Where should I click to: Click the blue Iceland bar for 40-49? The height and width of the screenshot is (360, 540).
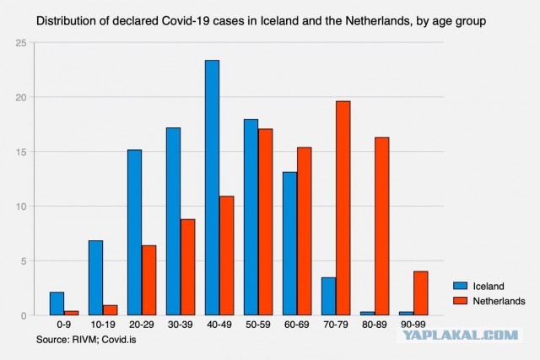pos(212,187)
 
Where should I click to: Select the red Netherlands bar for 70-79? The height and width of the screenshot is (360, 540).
pos(343,208)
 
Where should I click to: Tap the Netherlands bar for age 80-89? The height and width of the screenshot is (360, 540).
pos(382,227)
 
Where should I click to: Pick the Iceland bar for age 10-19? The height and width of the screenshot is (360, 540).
pos(95,277)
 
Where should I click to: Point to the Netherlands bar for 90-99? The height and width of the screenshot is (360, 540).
pos(420,293)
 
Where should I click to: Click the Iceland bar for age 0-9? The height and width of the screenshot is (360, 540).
pos(57,304)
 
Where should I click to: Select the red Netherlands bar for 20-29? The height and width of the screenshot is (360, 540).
pos(148,280)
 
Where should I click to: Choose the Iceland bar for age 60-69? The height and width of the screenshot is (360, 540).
pos(290,244)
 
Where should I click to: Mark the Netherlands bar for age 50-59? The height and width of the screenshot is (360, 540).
pos(266,222)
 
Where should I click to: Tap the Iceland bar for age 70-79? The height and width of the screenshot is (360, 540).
pos(328,296)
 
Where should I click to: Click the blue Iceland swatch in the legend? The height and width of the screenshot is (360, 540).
pos(460,286)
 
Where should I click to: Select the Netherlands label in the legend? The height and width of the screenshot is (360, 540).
pos(499,301)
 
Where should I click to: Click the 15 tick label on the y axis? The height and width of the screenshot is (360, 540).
pos(21,152)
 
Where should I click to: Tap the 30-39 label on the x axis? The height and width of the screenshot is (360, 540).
pos(181,325)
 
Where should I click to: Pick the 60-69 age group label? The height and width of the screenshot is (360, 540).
pos(297,325)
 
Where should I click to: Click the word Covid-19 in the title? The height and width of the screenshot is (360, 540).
pos(186,21)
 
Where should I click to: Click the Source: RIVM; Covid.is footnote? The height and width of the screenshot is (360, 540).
pos(86,340)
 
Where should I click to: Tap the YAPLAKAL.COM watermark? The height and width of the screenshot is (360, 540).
pos(461,335)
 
